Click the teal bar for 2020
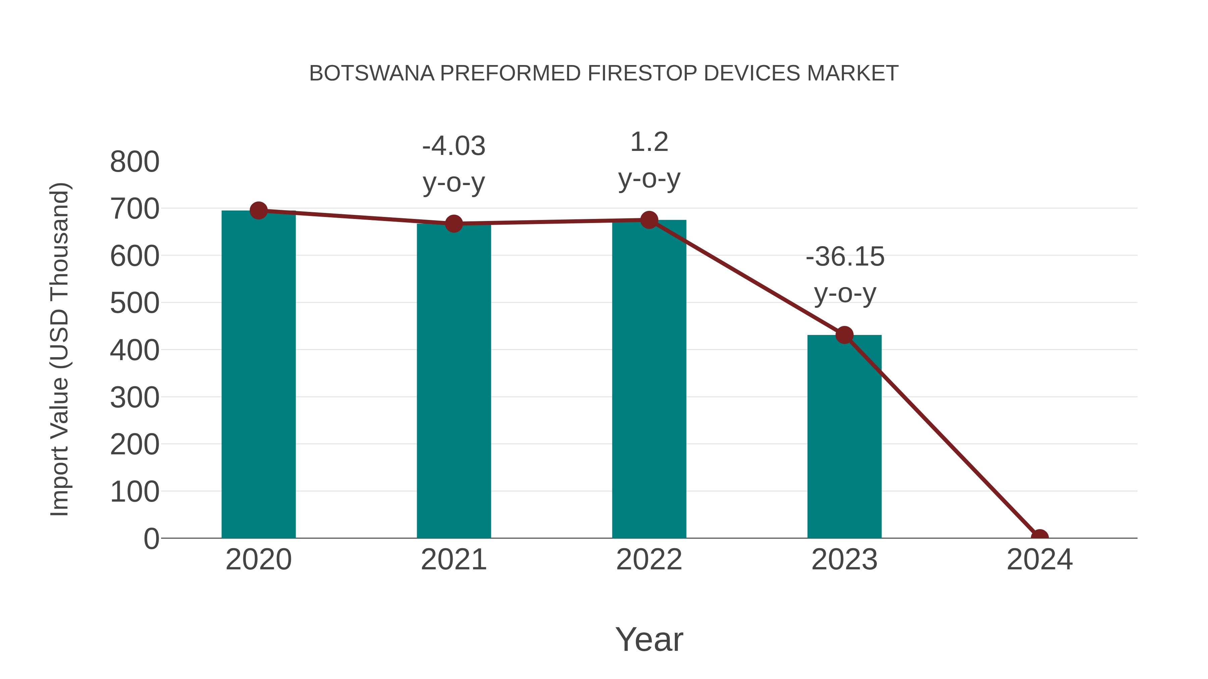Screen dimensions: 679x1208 coord(258,375)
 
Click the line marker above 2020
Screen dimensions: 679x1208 coord(258,211)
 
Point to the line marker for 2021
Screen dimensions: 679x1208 coord(453,224)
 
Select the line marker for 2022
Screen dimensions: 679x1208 coord(649,220)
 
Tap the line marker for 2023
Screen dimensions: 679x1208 coord(844,335)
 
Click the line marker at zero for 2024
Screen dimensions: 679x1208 coord(1039,537)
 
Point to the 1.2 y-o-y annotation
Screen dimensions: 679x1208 coord(649,160)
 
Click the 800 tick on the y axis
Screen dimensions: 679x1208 coord(135,162)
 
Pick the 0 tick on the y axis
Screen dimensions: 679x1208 coord(151,539)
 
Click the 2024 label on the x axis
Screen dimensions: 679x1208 coord(1039,560)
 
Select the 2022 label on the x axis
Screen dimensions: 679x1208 coord(649,560)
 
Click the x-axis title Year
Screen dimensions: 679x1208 coord(649,639)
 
